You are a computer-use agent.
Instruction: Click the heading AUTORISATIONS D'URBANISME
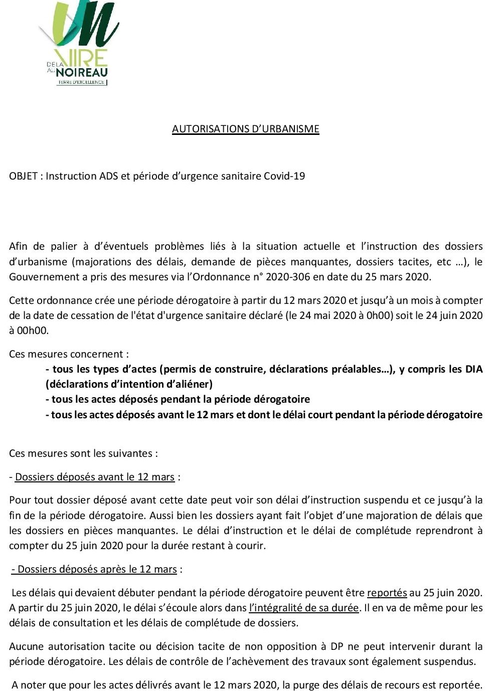click(245, 129)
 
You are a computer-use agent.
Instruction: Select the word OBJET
click(23, 176)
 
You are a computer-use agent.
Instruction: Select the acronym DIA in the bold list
click(473, 369)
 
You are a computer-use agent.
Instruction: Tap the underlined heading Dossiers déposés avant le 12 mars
click(95, 477)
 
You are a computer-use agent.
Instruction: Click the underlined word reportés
click(387, 593)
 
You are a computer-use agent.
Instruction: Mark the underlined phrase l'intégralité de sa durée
click(304, 608)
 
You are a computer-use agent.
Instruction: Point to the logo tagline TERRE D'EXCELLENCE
click(81, 82)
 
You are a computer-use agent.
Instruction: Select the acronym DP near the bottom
click(337, 646)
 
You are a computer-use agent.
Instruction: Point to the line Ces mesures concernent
click(69, 354)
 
